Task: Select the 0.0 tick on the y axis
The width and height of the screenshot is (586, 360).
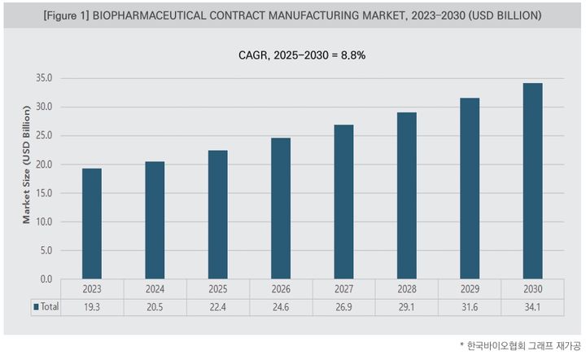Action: (46, 279)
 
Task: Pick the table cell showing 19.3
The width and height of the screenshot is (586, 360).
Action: (92, 307)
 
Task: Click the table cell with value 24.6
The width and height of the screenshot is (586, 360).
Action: (280, 307)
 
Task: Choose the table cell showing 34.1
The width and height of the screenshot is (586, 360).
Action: (532, 307)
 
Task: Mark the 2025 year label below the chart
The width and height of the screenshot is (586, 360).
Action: (217, 289)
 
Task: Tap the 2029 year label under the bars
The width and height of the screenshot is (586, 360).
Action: (470, 289)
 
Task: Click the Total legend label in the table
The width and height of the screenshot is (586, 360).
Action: (50, 307)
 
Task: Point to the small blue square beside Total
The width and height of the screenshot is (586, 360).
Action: (36, 307)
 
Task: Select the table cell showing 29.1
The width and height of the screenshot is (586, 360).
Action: (406, 307)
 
